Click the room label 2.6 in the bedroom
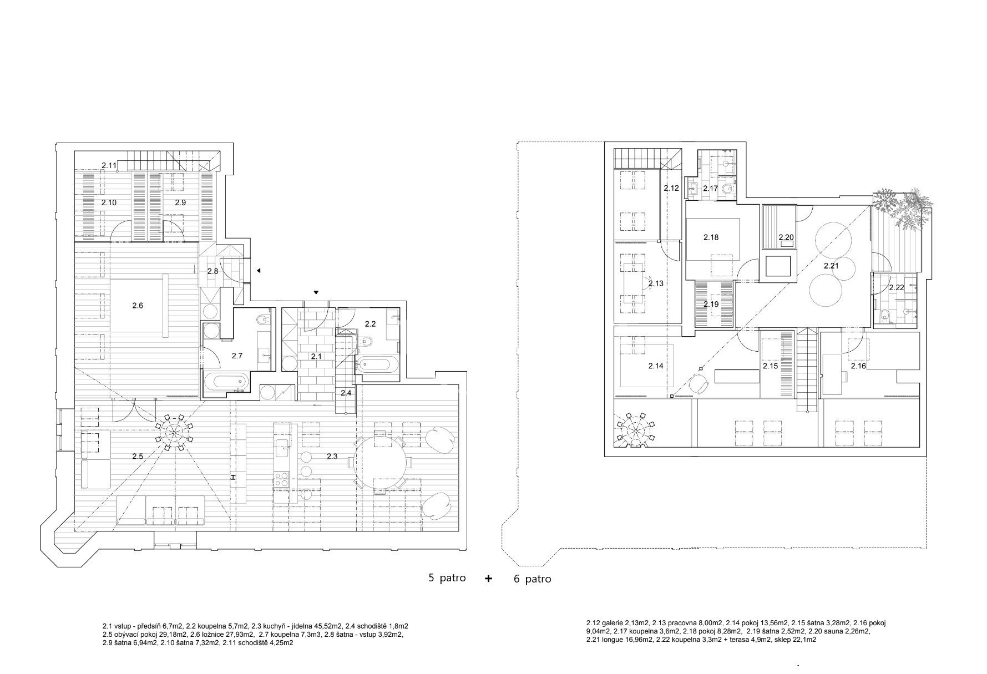coord(138,305)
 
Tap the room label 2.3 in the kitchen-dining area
coord(332,456)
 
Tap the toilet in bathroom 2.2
coord(367,342)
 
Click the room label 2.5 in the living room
coord(138,456)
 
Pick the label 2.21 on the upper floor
coord(831,266)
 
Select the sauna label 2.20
coord(786,237)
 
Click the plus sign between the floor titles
coord(488,578)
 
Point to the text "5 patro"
coord(447,578)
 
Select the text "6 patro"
coord(533,579)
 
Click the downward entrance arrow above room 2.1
coord(316,292)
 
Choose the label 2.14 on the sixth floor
coord(655,366)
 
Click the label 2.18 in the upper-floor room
coord(711,237)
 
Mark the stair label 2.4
coord(346,393)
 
